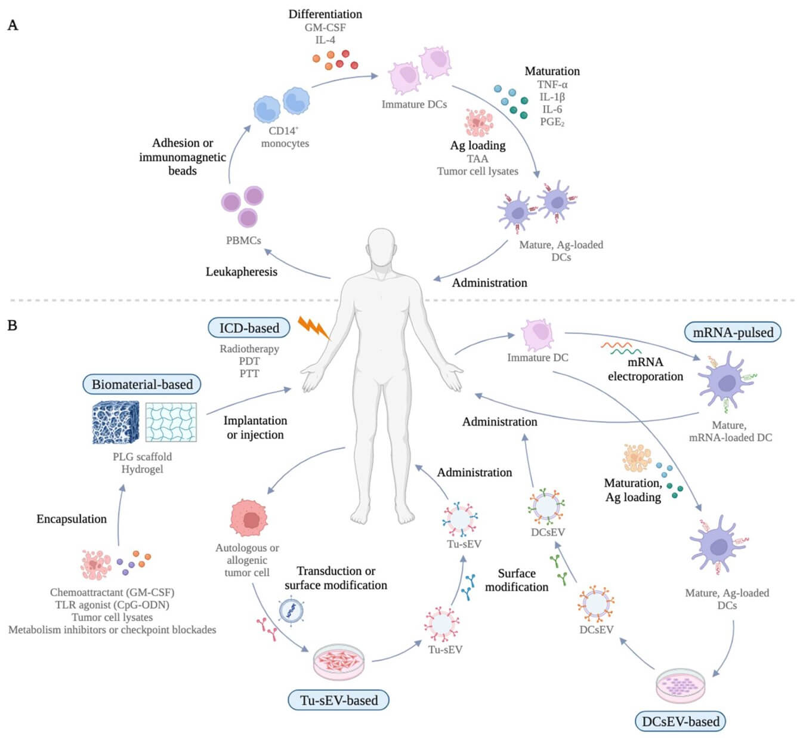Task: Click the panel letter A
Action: click(13, 25)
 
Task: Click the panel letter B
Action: click(13, 325)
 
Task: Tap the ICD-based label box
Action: click(249, 328)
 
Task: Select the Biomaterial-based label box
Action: click(142, 384)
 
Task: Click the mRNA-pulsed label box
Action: click(733, 332)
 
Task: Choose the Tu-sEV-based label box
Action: click(338, 700)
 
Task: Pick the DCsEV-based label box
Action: click(680, 721)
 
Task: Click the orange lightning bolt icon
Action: click(313, 327)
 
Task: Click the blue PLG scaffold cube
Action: click(116, 422)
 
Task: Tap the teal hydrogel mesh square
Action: click(171, 422)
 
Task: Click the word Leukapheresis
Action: click(241, 271)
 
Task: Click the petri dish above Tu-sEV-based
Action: click(338, 662)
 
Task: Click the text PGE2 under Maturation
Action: click(552, 122)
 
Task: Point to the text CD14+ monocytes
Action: click(285, 137)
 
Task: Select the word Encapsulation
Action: click(72, 519)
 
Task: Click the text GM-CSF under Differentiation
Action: click(325, 27)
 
